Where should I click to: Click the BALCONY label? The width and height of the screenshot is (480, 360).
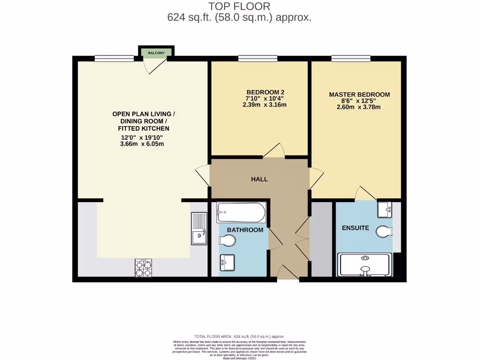point(156,53)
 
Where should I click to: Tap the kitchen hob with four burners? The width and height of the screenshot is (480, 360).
point(143,268)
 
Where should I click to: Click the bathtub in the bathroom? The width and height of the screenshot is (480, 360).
point(241,212)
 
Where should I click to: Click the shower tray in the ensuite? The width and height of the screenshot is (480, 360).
point(365,265)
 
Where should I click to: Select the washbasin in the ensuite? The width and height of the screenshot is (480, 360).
point(385,209)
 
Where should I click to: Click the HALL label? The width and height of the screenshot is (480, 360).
point(259,179)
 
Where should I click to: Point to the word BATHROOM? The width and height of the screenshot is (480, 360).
point(245,230)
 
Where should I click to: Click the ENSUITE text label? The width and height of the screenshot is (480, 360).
point(355,228)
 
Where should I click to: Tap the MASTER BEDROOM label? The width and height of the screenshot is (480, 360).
point(359,95)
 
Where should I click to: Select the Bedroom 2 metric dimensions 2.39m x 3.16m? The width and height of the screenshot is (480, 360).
point(264,105)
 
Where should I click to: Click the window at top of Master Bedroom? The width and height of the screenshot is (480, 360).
point(351,59)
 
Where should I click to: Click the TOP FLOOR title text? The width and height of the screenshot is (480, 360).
point(240,7)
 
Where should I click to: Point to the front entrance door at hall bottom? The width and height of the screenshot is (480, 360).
point(287,273)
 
